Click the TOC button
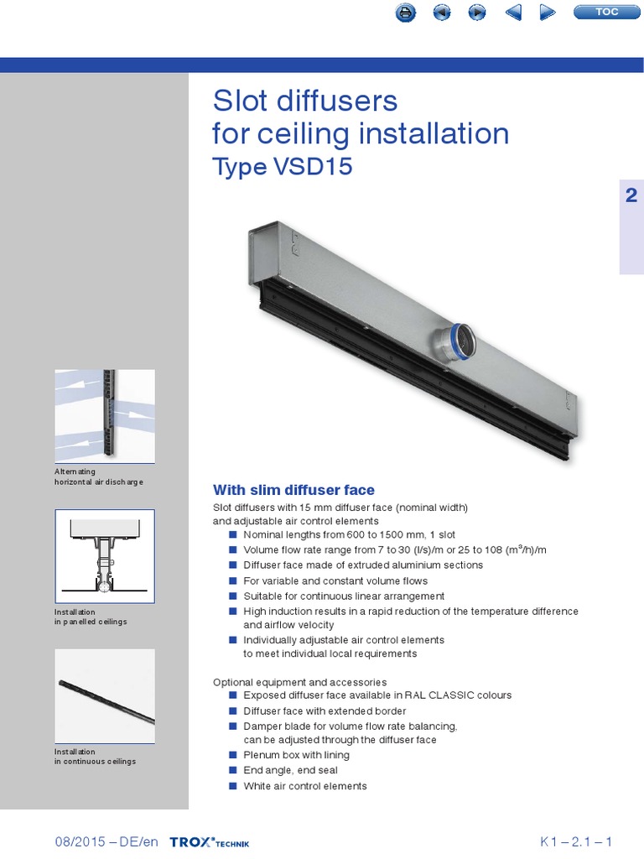pyautogui.click(x=606, y=12)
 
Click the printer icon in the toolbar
pyautogui.click(x=405, y=12)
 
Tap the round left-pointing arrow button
pyautogui.click(x=441, y=12)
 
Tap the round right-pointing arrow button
pyautogui.click(x=476, y=12)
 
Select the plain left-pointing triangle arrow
pyautogui.click(x=514, y=12)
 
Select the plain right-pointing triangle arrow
pyautogui.click(x=547, y=12)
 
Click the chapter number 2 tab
pyautogui.click(x=631, y=196)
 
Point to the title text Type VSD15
pyautogui.click(x=283, y=167)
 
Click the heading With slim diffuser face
pyautogui.click(x=293, y=490)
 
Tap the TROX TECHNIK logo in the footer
pyautogui.click(x=209, y=842)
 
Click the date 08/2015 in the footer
pyautogui.click(x=82, y=842)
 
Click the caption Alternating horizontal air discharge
pyautogui.click(x=99, y=477)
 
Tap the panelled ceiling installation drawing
pyautogui.click(x=105, y=555)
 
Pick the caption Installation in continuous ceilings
pyautogui.click(x=95, y=757)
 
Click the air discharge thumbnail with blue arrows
pyautogui.click(x=105, y=416)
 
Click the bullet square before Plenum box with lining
pyautogui.click(x=232, y=755)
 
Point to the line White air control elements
pyautogui.click(x=304, y=786)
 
